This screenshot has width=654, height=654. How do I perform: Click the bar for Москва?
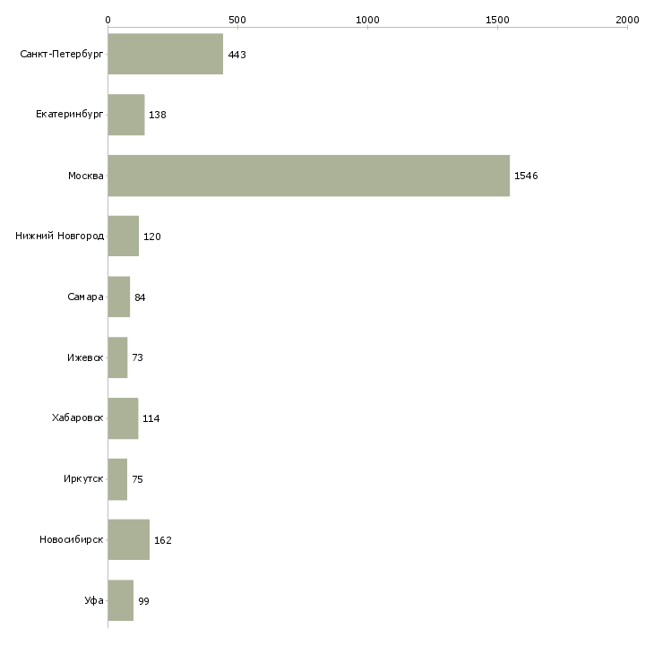pyautogui.click(x=309, y=176)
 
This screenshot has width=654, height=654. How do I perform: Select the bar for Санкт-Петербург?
pyautogui.click(x=166, y=54)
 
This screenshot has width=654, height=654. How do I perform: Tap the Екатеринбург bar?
pyautogui.click(x=126, y=115)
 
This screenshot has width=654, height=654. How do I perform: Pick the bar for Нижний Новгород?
pyautogui.click(x=124, y=237)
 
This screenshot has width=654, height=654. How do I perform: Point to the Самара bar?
pyautogui.click(x=119, y=297)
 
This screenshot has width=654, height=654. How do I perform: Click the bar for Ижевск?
pyautogui.click(x=117, y=357)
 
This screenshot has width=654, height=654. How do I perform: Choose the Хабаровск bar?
pyautogui.click(x=123, y=418)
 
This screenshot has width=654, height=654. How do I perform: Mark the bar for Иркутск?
pyautogui.click(x=117, y=479)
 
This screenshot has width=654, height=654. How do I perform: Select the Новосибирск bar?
pyautogui.click(x=129, y=539)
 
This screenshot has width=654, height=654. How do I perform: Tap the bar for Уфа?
pyautogui.click(x=121, y=600)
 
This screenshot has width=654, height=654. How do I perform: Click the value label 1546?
pyautogui.click(x=526, y=176)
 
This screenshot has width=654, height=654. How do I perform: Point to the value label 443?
pyautogui.click(x=237, y=55)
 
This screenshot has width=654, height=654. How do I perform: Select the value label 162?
pyautogui.click(x=163, y=540)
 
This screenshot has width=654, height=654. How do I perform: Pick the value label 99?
pyautogui.click(x=143, y=601)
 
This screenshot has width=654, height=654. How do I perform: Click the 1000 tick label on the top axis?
pyautogui.click(x=368, y=20)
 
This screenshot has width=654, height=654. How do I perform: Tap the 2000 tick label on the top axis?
pyautogui.click(x=627, y=20)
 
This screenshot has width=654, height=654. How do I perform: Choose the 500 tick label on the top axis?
pyautogui.click(x=237, y=20)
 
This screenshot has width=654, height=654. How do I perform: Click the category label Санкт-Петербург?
pyautogui.click(x=62, y=55)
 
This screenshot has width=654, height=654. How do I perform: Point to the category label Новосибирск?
pyautogui.click(x=72, y=539)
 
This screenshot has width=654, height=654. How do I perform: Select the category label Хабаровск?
pyautogui.click(x=78, y=417)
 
